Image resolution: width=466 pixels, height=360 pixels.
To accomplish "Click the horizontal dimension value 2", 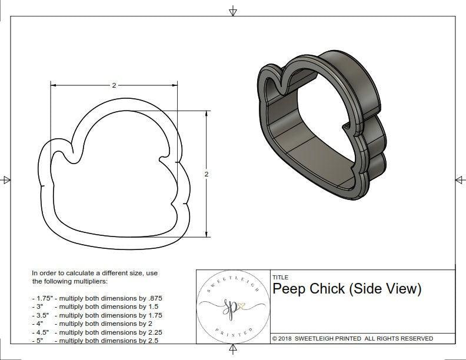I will click(x=114, y=85).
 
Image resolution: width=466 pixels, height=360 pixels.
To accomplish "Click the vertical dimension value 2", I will click(x=207, y=174).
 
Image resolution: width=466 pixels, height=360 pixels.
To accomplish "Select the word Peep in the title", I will click(x=288, y=289).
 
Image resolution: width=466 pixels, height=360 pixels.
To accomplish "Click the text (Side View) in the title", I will click(x=385, y=289).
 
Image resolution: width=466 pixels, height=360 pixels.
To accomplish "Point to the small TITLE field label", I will click(x=280, y=277).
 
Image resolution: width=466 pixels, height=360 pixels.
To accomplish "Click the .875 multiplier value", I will click(x=154, y=298).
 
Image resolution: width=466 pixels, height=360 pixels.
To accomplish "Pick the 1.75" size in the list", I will click(x=42, y=298).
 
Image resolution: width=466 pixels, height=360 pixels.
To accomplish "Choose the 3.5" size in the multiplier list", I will click(x=41, y=315).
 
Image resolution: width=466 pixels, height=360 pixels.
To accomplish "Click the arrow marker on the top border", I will click(x=233, y=11).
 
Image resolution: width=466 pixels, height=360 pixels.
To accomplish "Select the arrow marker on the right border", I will click(x=459, y=179).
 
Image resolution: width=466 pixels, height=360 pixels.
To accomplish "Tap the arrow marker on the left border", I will click(x=6, y=179).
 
